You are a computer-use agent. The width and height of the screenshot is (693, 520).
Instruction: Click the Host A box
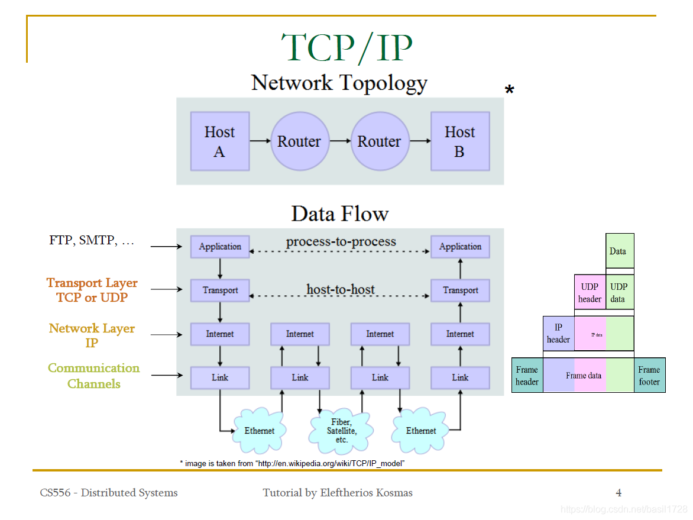(x=219, y=141)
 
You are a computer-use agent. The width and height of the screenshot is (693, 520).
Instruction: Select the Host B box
(x=459, y=141)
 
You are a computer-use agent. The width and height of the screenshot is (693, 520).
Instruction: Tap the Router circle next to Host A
(x=299, y=141)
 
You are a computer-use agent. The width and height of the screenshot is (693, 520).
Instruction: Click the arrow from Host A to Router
(x=260, y=141)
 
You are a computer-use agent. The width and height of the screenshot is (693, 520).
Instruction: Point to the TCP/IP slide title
(x=346, y=47)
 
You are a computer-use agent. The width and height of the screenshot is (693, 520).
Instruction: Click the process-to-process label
(x=341, y=241)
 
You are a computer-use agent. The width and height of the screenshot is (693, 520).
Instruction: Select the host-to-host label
(x=341, y=289)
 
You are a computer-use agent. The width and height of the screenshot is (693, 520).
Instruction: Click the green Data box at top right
(x=619, y=251)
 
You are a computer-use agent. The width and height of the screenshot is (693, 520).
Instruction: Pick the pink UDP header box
(x=590, y=292)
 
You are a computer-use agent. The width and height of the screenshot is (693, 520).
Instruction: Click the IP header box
(x=558, y=334)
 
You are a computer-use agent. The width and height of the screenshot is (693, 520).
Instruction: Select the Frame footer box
(x=649, y=376)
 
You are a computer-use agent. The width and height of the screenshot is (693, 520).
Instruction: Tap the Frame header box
(x=527, y=376)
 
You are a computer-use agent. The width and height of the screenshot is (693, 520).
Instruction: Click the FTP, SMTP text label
(x=92, y=241)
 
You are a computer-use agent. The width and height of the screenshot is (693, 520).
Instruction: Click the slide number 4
(x=618, y=492)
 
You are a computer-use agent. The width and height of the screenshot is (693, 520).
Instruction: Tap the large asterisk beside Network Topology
(x=509, y=91)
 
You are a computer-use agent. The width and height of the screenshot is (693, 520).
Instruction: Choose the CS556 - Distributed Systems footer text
(x=109, y=492)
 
